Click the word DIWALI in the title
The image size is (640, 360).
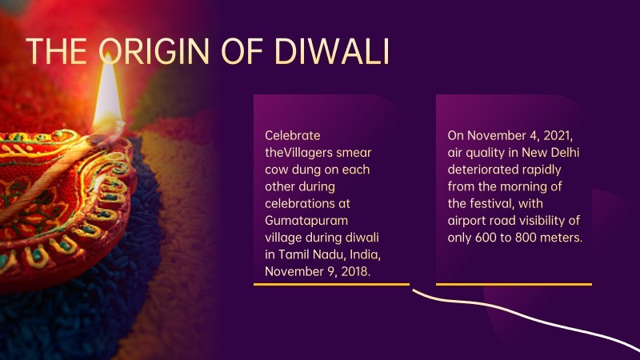click(x=332, y=51)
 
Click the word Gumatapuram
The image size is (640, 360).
click(x=306, y=221)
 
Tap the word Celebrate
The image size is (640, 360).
click(x=293, y=135)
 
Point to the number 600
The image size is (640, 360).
click(x=486, y=238)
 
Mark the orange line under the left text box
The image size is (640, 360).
click(x=331, y=284)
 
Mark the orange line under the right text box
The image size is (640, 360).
click(x=514, y=284)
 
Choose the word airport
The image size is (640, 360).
click(x=466, y=221)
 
